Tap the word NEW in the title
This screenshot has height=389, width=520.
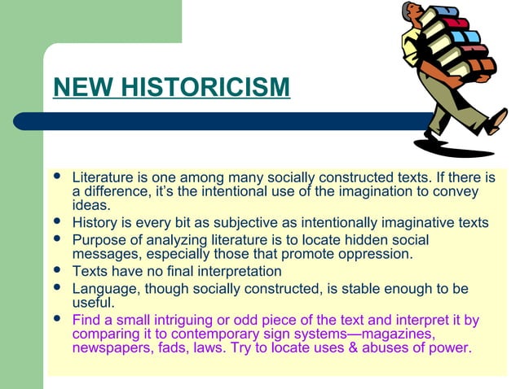pos(76,86)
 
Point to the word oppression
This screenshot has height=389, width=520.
pos(381,254)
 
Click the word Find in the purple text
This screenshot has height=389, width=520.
pos(86,320)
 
